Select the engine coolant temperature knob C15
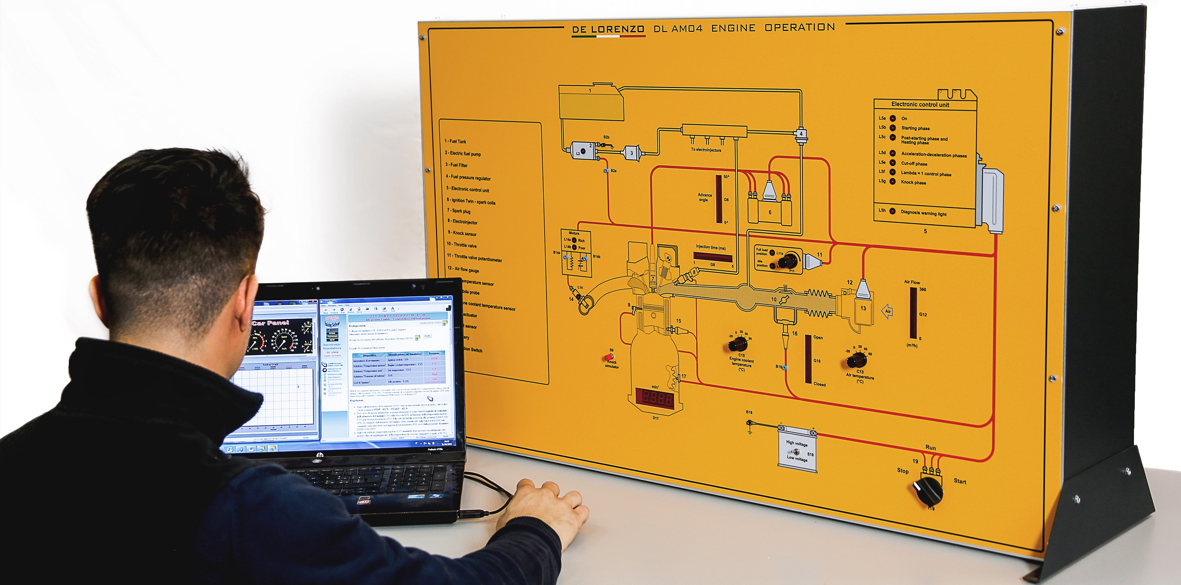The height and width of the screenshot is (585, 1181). pos(738,343)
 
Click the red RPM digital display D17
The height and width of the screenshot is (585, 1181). pos(654,397)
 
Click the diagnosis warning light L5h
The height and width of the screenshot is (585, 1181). pos(892,211)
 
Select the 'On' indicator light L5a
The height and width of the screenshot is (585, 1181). pos(893,118)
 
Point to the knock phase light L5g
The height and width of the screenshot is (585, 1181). pos(893,182)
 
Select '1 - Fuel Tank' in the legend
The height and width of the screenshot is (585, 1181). pos(455,141)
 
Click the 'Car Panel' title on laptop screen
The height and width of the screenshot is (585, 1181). pos(271,323)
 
